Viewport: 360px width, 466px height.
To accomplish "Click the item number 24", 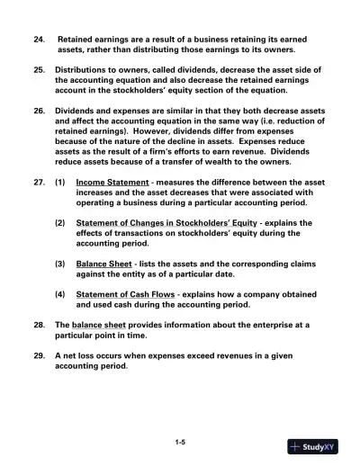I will coord(38,40).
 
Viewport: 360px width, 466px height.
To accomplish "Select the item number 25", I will coord(38,69).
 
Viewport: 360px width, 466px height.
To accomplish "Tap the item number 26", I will coord(38,110).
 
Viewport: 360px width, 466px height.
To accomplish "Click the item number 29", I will coord(38,354).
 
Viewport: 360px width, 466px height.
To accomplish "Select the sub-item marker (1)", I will coord(59,181).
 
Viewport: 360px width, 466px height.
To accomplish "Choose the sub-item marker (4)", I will coord(59,294).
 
